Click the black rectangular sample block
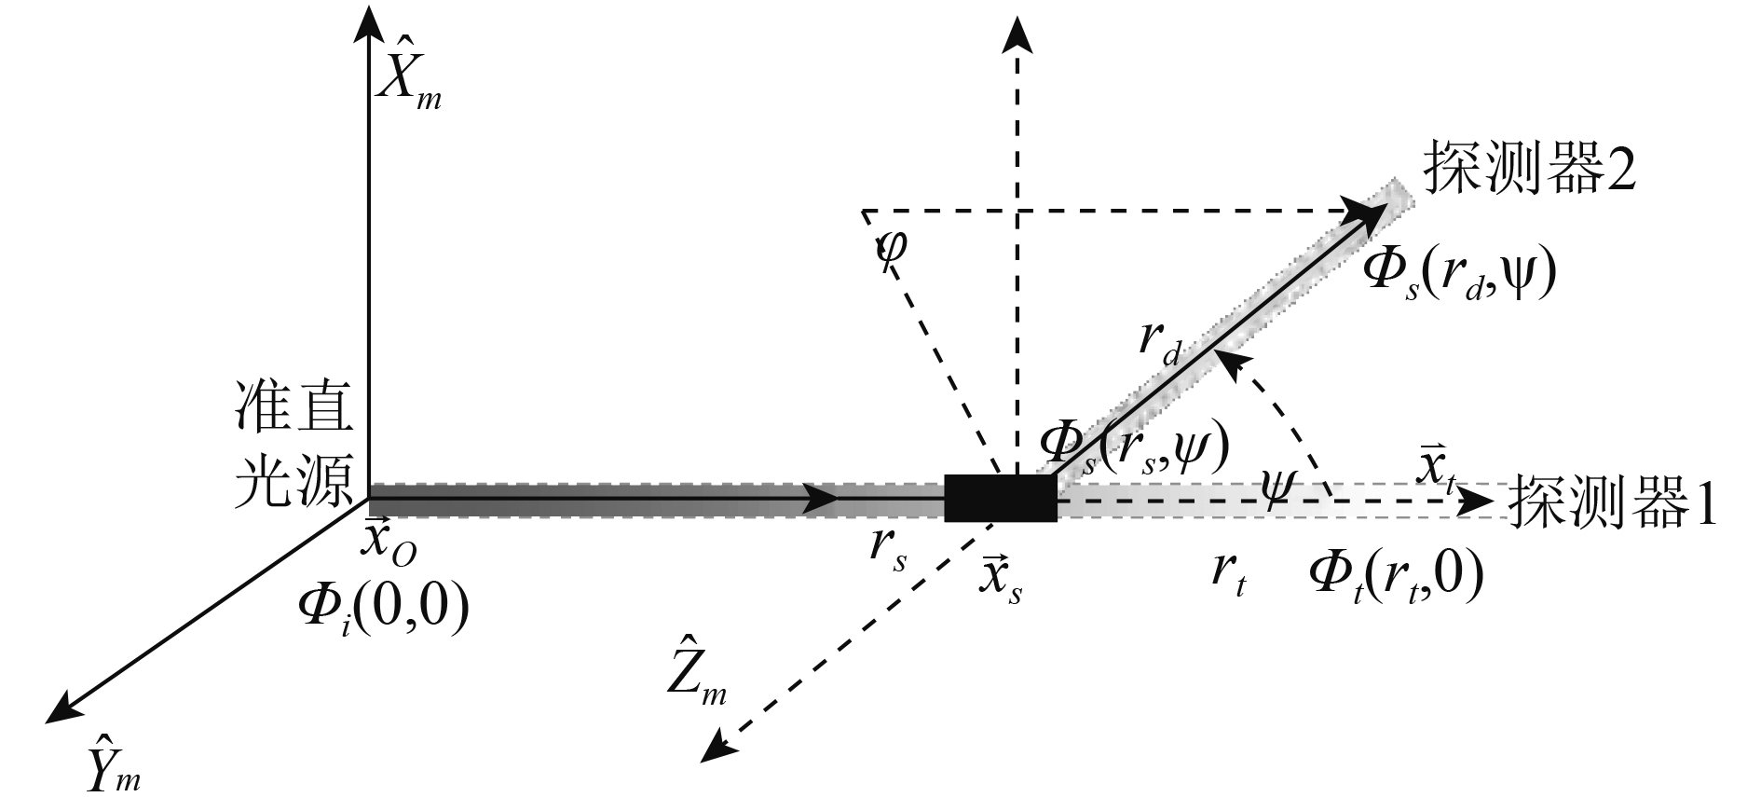coord(1001,498)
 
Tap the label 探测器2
coord(1528,170)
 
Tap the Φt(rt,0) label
coord(1395,578)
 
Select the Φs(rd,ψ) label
coord(1459,276)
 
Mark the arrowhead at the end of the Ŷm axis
coord(58,711)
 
